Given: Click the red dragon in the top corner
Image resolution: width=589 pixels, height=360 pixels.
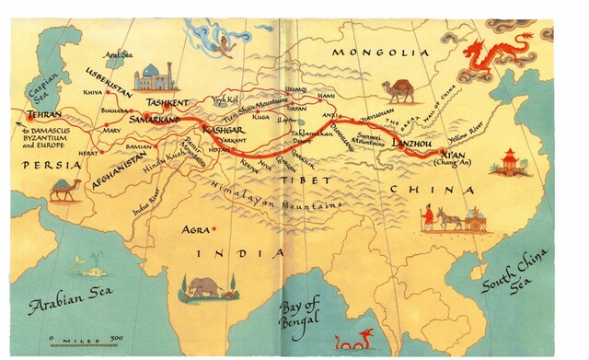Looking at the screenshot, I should tap(498, 53).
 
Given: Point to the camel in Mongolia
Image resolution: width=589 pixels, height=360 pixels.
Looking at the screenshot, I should tap(401, 90).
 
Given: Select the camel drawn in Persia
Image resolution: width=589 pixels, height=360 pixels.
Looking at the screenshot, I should tap(64, 190).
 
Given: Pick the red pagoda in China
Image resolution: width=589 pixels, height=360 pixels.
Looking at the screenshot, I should tap(510, 162).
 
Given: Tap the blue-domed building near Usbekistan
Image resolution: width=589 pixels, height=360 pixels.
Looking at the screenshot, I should tap(154, 77).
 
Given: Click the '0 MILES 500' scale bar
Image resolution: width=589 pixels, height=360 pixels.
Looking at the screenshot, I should tap(87, 340).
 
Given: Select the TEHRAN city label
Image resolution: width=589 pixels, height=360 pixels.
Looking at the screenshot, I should tap(44, 115).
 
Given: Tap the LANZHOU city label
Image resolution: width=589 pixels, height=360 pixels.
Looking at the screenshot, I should tap(410, 145).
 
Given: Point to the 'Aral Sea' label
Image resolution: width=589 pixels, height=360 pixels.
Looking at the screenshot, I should tap(119, 56).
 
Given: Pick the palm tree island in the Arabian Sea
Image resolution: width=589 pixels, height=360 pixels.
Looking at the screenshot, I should tap(89, 268).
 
